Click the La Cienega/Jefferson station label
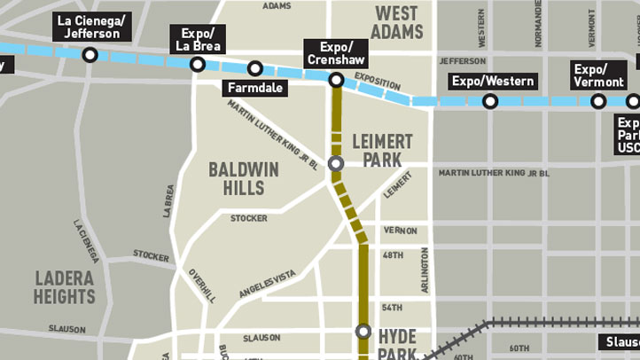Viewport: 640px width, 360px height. click(91, 27)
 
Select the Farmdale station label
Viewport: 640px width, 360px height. click(254, 89)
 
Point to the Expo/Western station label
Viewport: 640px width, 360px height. click(493, 82)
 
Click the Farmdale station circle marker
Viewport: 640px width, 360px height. click(255, 68)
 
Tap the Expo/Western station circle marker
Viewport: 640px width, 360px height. click(490, 102)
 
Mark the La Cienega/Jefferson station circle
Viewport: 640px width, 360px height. click(90, 55)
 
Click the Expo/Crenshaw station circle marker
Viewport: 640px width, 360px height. click(336, 80)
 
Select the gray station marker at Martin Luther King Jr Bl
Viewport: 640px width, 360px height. click(336, 163)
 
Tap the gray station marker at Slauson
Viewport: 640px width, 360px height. click(363, 332)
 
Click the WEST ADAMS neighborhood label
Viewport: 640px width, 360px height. click(396, 23)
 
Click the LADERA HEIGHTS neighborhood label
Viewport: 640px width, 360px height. click(65, 287)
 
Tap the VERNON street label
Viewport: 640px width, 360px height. click(400, 231)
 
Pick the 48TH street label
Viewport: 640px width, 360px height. click(393, 255)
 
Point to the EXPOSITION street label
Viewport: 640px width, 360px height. click(378, 82)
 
